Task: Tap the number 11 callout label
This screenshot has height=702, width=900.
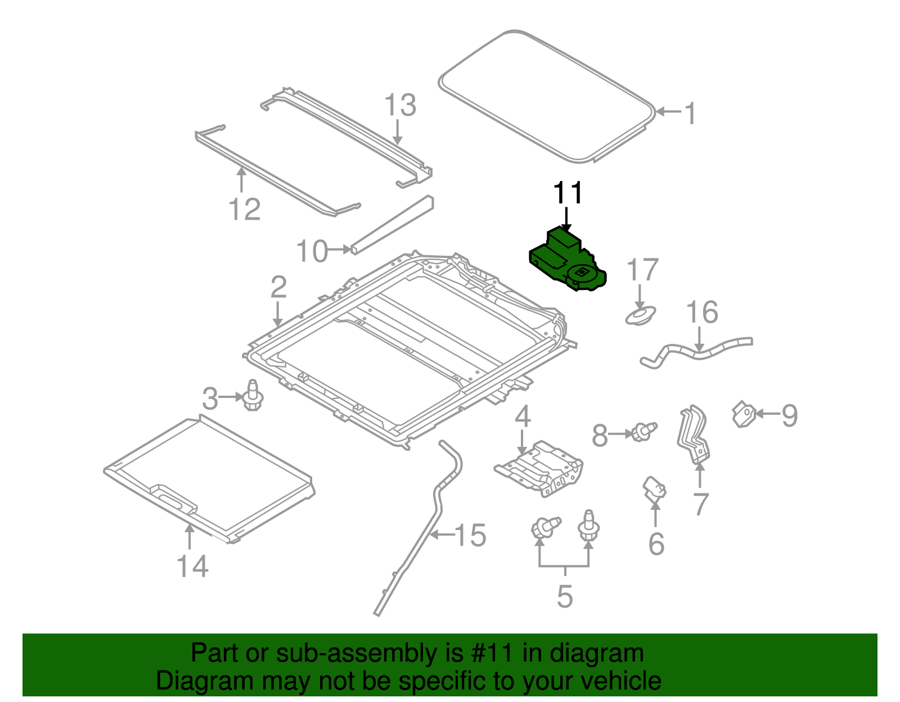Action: tap(568, 193)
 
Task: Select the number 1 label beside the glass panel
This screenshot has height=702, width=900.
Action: tap(690, 114)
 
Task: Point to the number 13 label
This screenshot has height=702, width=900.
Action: tap(400, 105)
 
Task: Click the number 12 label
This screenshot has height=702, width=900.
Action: tap(245, 210)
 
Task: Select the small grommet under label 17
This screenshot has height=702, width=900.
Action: tap(641, 315)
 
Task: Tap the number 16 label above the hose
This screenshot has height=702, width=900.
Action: tap(702, 312)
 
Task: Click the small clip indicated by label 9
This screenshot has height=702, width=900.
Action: tap(743, 414)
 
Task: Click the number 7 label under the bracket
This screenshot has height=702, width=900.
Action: tap(700, 504)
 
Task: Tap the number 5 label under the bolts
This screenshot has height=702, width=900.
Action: tap(565, 596)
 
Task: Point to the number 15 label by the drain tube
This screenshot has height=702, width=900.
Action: tap(470, 535)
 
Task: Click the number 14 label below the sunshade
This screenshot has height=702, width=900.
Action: tap(192, 565)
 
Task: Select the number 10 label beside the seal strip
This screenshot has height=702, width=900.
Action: tap(312, 251)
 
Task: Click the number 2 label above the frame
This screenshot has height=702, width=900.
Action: tap(278, 287)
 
